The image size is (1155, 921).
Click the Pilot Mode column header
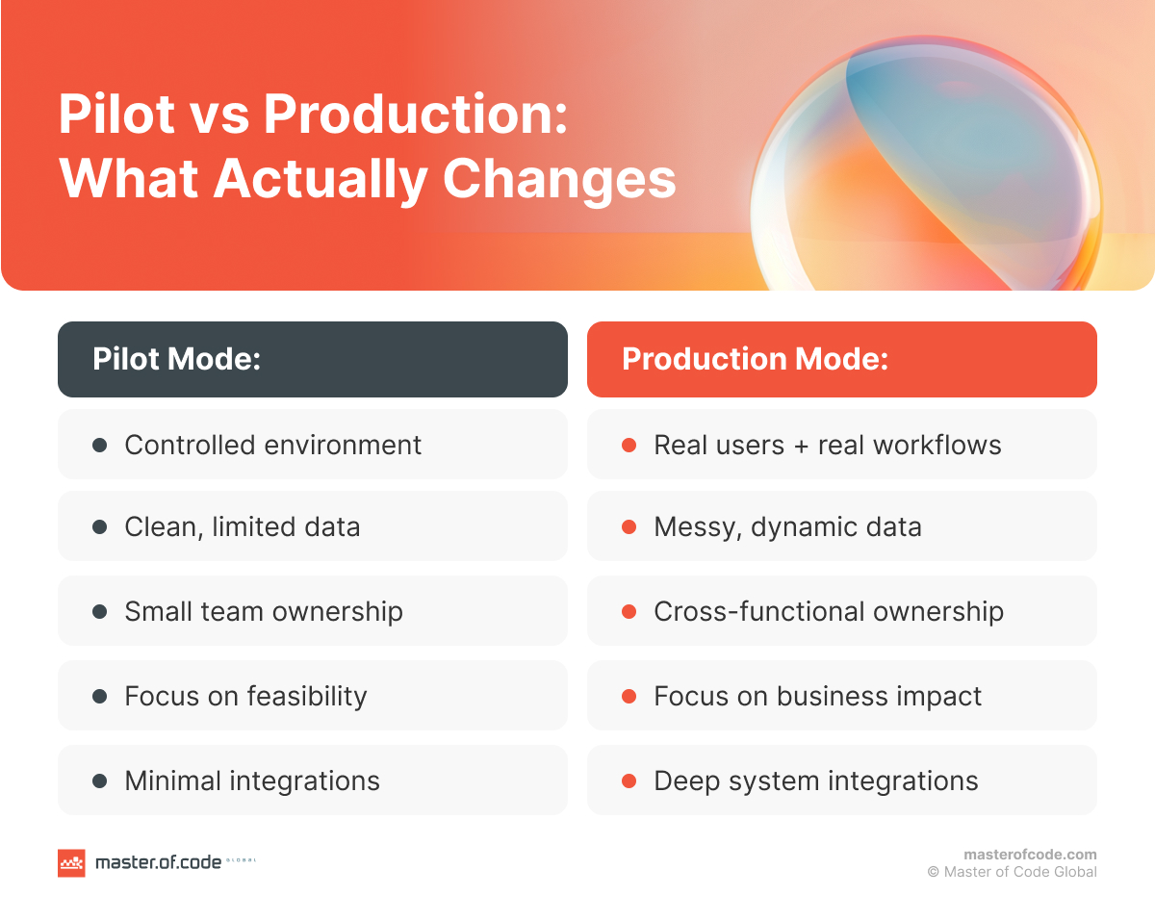tap(312, 359)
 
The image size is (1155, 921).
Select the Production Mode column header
tap(841, 359)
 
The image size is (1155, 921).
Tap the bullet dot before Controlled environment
tap(99, 446)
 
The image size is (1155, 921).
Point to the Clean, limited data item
tap(243, 527)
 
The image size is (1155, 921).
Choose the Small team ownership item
tap(264, 612)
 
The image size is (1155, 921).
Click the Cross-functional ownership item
tap(828, 612)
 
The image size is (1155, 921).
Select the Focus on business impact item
tap(817, 696)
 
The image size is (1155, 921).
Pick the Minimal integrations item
tap(252, 780)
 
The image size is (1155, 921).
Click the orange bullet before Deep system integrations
tap(629, 781)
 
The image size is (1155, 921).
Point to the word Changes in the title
tap(559, 179)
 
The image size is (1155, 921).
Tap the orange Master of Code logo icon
tap(71, 862)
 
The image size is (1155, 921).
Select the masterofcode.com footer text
tap(1030, 855)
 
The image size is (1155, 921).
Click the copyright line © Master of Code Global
tap(1012, 872)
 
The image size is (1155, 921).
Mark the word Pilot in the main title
tap(115, 115)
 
